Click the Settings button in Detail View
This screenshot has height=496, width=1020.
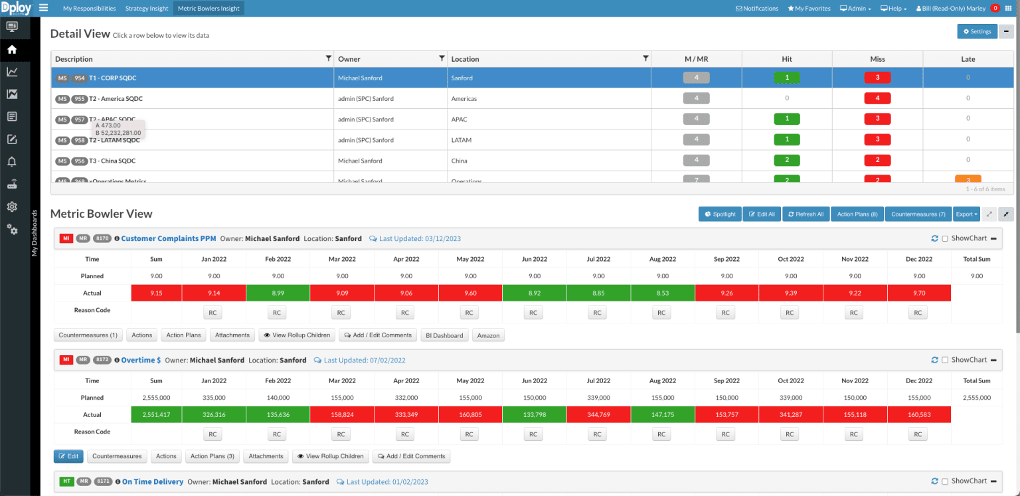point(977,31)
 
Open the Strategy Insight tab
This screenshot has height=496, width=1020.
point(147,9)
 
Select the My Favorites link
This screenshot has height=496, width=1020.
point(809,9)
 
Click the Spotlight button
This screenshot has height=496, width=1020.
point(720,214)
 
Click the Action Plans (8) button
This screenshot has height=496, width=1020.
point(857,214)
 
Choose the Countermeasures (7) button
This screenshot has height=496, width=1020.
point(918,214)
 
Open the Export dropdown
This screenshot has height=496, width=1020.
point(966,214)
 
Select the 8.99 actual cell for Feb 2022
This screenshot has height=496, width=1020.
point(278,293)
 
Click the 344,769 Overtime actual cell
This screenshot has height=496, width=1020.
point(598,415)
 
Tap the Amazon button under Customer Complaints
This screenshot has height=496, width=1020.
point(488,335)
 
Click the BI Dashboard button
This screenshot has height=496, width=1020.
point(444,335)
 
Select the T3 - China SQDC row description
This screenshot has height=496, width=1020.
point(112,161)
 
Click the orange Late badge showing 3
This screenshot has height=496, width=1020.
point(968,180)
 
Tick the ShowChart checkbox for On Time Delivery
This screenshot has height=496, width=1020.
point(945,481)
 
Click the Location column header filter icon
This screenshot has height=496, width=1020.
point(645,58)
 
